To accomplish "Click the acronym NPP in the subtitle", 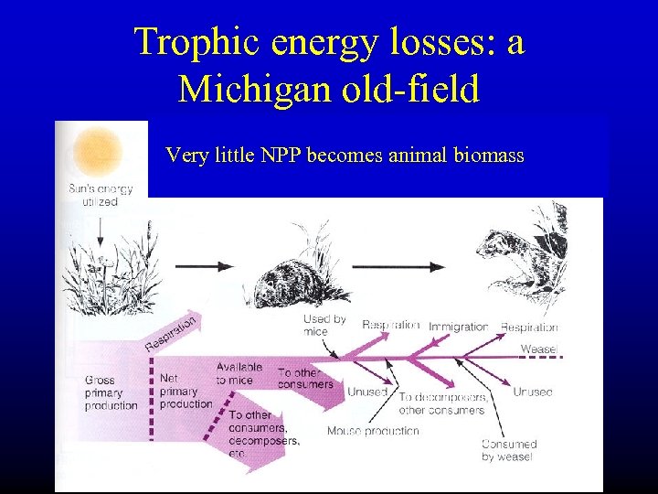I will click(278, 156).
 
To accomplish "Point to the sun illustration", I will click(98, 149).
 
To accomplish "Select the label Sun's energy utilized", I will click(101, 196).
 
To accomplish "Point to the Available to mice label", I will click(239, 373).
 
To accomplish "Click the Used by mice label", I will click(324, 325).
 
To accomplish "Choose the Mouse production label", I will click(373, 430).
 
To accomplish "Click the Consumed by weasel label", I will click(509, 450).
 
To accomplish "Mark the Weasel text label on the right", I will click(538, 349).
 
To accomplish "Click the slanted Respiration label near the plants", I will click(171, 333).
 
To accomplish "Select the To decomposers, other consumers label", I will click(441, 403).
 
